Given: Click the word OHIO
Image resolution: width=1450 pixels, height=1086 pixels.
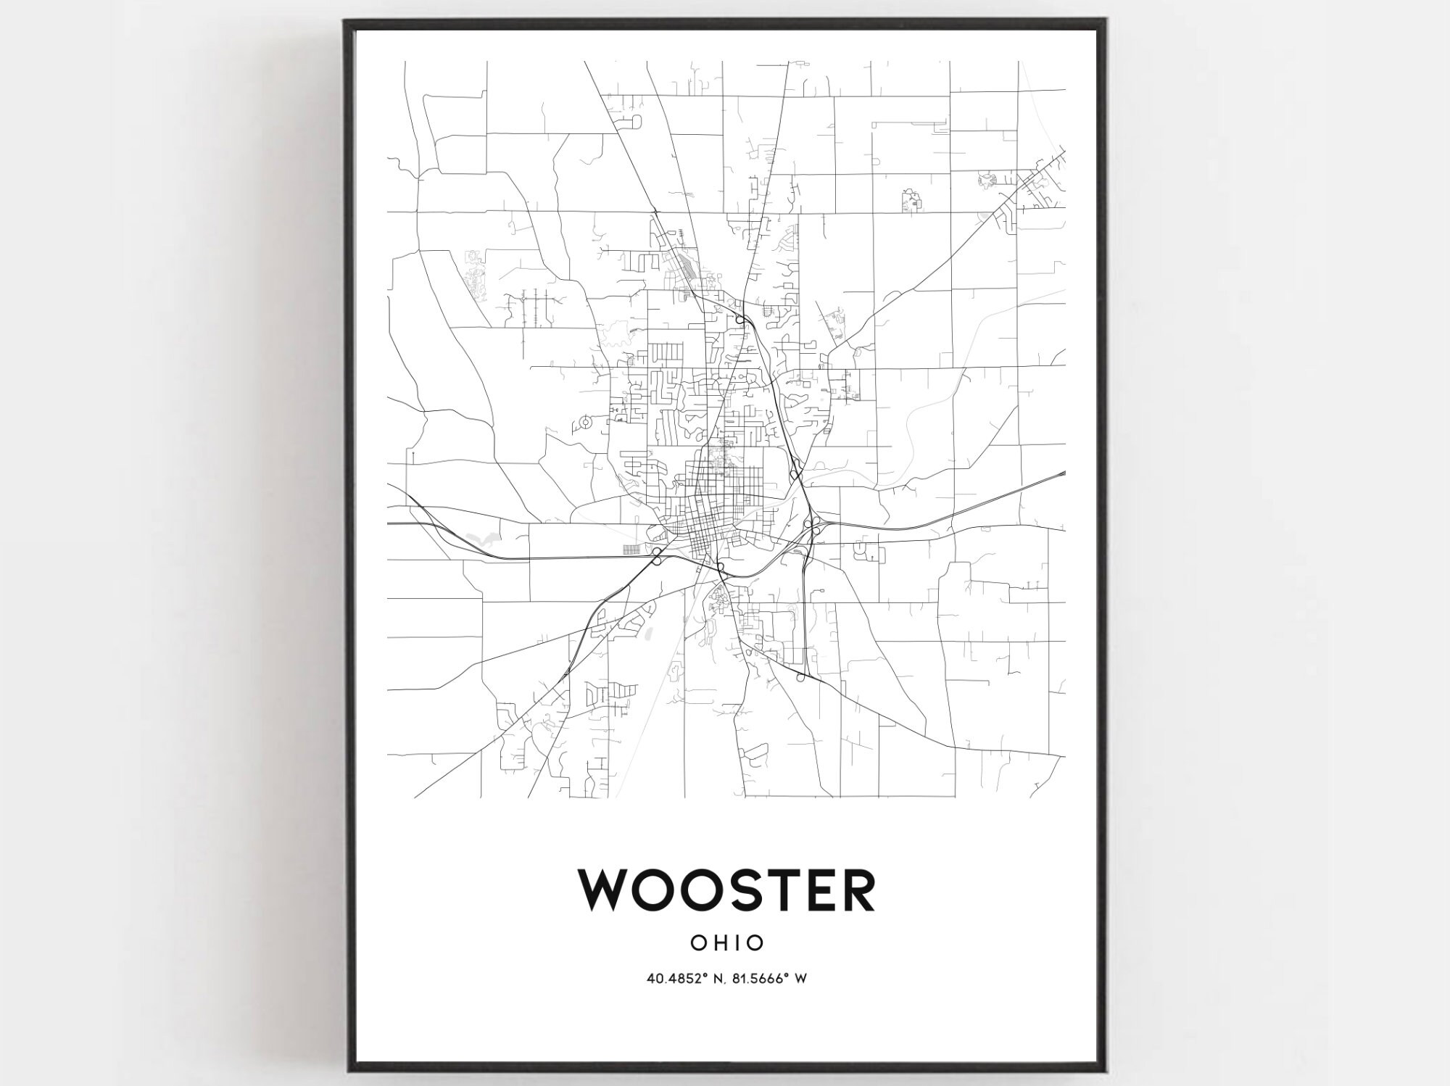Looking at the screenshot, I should [x=726, y=942].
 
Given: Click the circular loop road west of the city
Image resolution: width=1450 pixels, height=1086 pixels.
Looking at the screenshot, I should [x=586, y=421].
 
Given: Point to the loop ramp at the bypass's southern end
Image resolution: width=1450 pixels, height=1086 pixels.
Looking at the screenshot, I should [x=800, y=678].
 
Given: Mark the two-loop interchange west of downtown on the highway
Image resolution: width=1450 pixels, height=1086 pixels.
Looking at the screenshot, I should [x=656, y=556].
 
